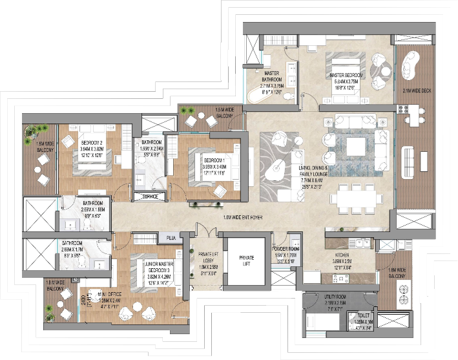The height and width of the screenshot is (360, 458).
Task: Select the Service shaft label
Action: (x=151, y=196)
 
